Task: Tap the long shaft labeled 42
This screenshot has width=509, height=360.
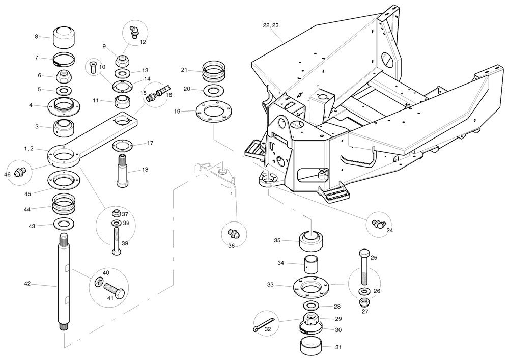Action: [x=65, y=285]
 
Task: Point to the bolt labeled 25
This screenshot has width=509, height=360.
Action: [x=364, y=267]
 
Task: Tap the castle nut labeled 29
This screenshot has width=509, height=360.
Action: [x=311, y=320]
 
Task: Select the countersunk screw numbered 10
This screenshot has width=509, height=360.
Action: [x=92, y=67]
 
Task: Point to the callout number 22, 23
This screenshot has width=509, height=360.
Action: [x=270, y=25]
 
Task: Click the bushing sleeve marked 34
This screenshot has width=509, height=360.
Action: [x=312, y=265]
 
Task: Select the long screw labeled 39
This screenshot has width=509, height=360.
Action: [x=116, y=239]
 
